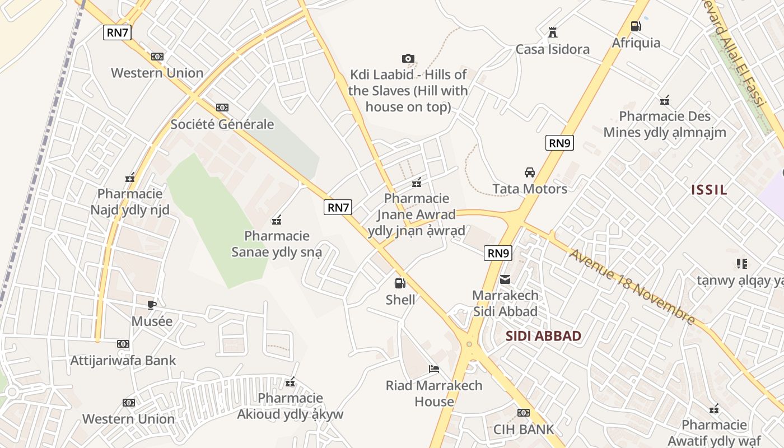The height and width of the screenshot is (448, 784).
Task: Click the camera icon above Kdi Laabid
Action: point(408,58)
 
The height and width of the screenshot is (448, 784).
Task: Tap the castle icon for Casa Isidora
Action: point(553,32)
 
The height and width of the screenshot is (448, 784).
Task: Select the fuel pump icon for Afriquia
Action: point(636,26)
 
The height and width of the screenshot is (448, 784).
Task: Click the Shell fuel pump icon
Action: point(400,283)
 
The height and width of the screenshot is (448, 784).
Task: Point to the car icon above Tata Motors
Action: point(530,172)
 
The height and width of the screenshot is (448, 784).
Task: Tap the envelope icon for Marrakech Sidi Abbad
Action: point(505,279)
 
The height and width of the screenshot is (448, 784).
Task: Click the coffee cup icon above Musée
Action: point(152,305)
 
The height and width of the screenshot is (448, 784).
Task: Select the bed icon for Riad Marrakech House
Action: point(434,368)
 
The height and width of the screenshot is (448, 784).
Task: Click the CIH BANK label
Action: point(523,430)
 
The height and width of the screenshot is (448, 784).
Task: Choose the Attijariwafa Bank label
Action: point(123,360)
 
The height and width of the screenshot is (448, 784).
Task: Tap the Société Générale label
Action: point(222,124)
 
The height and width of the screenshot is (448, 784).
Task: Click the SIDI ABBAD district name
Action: point(543,336)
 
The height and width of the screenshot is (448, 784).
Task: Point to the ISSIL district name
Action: point(709,190)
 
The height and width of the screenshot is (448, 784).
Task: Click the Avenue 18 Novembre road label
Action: point(632,287)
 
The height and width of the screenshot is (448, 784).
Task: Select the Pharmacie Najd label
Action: point(130,202)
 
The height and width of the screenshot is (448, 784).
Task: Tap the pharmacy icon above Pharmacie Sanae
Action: point(276,220)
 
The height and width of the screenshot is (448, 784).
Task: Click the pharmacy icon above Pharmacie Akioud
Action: point(290,382)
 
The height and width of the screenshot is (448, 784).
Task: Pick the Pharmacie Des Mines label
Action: point(665,124)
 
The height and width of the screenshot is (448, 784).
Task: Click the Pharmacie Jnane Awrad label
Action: point(417,214)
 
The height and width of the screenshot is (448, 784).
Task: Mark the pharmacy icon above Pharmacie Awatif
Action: point(714,409)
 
